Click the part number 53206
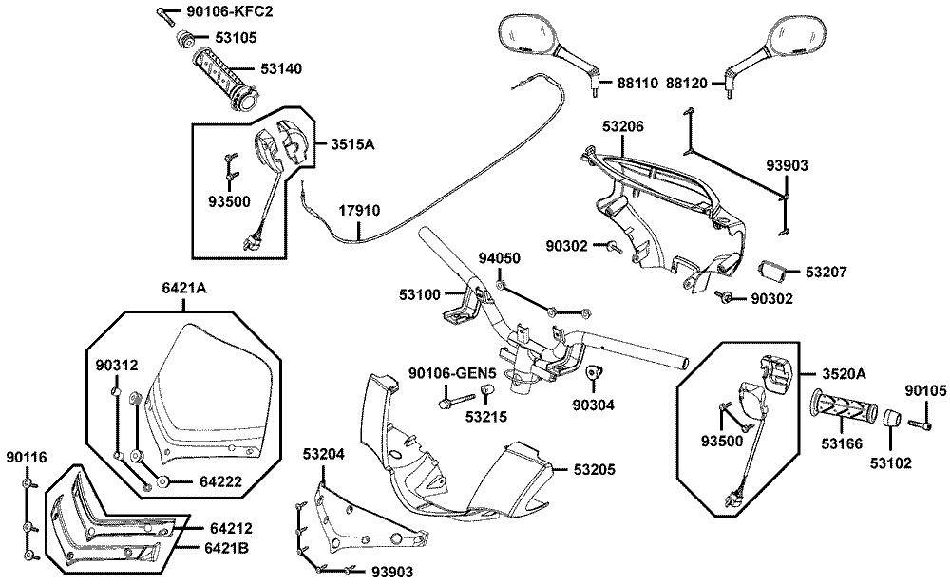click(x=623, y=125)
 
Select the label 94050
click(x=498, y=258)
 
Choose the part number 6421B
click(x=229, y=548)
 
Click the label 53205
click(x=597, y=469)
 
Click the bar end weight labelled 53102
click(x=892, y=419)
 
